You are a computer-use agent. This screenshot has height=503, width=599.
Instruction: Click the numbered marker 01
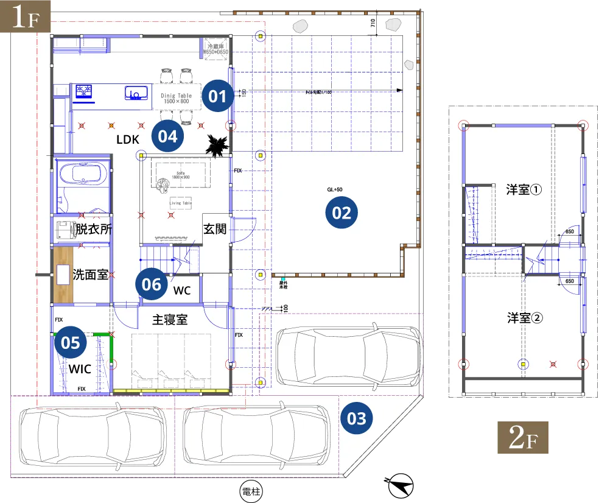pos(217,96)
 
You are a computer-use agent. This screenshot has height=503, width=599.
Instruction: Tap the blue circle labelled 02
pos(342,213)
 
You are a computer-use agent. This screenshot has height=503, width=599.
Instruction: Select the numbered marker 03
pos(357,418)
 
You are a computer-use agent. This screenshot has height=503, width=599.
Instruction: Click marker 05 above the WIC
pos(71,343)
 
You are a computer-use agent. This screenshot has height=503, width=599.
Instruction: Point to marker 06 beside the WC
pos(152,284)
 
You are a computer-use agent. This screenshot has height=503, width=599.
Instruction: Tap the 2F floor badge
pos(523,438)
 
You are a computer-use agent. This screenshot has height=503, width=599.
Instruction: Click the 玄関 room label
pos(214,229)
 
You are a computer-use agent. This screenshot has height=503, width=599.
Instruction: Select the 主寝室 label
pos(169,320)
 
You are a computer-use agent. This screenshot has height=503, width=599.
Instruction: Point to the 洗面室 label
pos(91,275)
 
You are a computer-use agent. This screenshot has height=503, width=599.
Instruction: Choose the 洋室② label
pos(524,318)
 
